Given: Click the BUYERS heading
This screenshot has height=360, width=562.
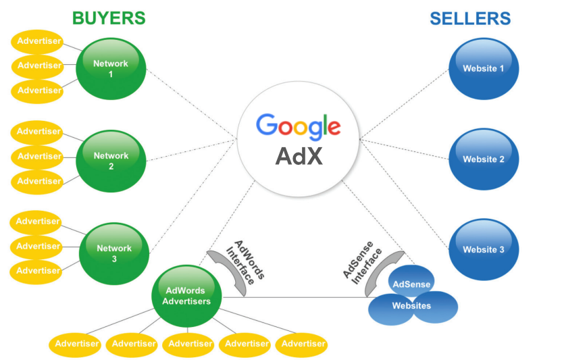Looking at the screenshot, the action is coord(109,18).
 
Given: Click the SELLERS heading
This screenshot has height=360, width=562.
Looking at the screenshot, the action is coord(470,19).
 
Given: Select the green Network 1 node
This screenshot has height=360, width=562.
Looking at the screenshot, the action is coord(111,69).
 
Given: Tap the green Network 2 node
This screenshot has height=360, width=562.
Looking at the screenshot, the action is coord(111,161).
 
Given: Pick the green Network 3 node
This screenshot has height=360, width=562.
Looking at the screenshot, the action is coord(114,253).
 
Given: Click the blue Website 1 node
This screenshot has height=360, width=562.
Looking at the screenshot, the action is coord(484,68).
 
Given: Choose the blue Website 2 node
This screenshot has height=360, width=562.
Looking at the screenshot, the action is coord(484,159).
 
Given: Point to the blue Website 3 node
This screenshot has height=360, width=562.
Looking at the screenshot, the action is coord(484,249).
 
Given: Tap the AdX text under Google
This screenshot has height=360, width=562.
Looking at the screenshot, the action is coord(299,156).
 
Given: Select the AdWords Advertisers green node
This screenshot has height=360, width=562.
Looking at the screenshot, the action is coord(186,297).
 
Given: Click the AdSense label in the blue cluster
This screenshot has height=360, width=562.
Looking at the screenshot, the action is coord(411,284).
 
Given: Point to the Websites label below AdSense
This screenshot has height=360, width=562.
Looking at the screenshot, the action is coord(411,306).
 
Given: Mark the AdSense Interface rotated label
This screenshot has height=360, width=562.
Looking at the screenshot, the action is coord(362,263).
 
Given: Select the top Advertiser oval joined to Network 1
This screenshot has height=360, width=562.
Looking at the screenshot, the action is coord(38,42).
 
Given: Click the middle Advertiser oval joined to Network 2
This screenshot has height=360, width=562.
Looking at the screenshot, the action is coord(38,157).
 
